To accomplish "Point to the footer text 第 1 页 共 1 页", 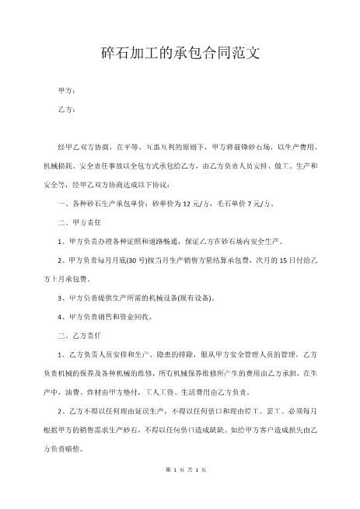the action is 180,490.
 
